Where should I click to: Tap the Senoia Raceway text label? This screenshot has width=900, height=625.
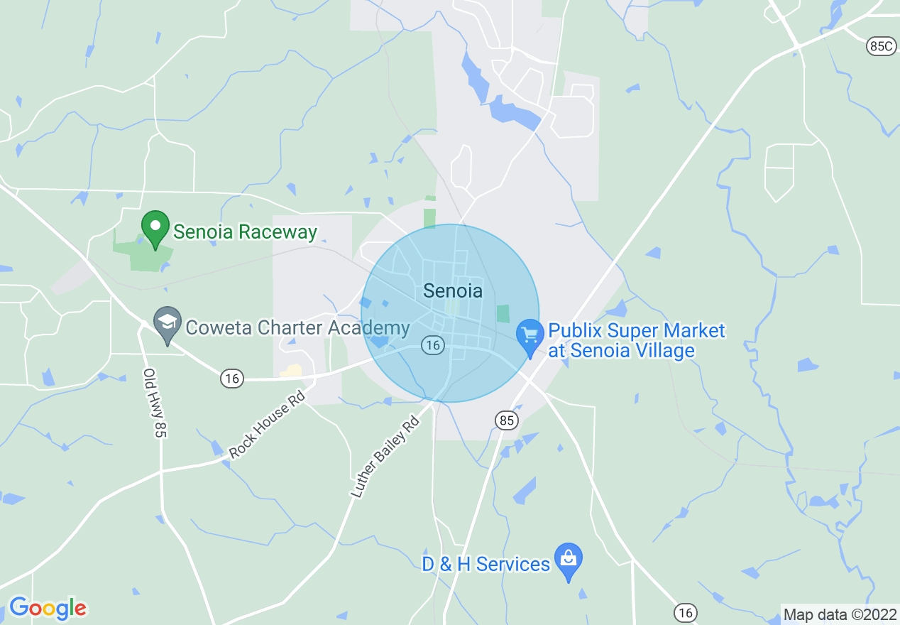coord(245,232)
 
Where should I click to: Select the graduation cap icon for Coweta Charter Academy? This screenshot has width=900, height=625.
coord(168,325)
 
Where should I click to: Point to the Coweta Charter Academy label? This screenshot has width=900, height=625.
coord(297,327)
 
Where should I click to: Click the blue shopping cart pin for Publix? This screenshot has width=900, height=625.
coord(529,336)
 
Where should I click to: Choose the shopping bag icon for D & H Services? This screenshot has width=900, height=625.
coord(568,560)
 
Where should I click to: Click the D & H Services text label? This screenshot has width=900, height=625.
coord(485,564)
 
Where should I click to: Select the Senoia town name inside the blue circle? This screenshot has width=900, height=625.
coord(452,290)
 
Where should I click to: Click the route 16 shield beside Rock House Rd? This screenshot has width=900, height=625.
coord(231,378)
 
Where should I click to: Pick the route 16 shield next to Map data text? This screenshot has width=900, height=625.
coord(686,612)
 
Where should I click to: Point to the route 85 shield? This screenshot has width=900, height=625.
coord(506,420)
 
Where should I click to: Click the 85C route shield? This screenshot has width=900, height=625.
coord(881,46)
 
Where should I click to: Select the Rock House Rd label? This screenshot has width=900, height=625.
coord(266,423)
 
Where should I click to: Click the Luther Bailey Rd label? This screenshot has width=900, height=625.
coord(385,457)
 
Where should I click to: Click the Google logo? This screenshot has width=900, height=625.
coord(48,608)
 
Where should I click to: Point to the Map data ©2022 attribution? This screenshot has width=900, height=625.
coord(838,614)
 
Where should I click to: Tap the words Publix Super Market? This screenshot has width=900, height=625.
coord(637,331)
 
